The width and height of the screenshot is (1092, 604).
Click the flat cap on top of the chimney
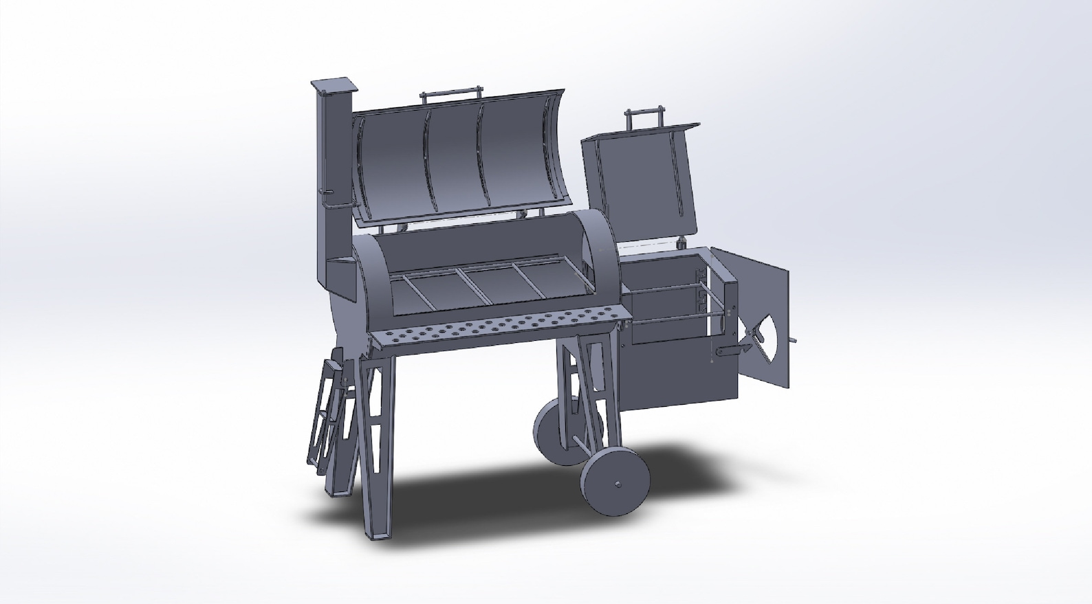pyautogui.click(x=334, y=85)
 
